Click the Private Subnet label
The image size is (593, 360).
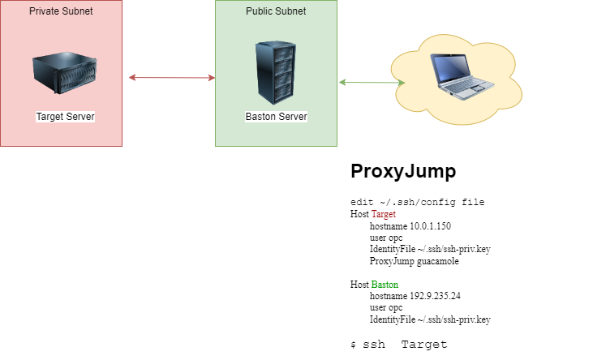pyautogui.click(x=61, y=11)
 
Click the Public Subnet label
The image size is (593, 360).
pyautogui.click(x=276, y=11)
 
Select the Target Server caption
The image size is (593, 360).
pyautogui.click(x=65, y=117)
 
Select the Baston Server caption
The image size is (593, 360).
pyautogui.click(x=276, y=117)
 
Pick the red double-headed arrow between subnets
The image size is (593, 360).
pyautogui.click(x=172, y=78)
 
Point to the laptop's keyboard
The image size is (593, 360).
pyautogui.click(x=471, y=87)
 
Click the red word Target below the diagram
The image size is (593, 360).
pyautogui.click(x=383, y=215)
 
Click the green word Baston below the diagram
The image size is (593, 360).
pyautogui.click(x=385, y=285)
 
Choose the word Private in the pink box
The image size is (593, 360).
pyautogui.click(x=45, y=11)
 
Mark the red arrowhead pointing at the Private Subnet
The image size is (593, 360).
pyautogui.click(x=132, y=78)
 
